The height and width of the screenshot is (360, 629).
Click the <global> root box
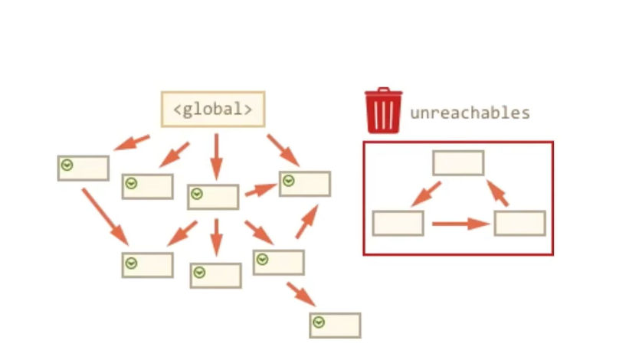click(213, 109)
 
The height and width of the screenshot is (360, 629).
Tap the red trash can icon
click(383, 111)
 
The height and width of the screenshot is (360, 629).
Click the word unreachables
click(470, 113)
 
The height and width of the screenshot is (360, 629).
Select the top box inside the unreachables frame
click(458, 163)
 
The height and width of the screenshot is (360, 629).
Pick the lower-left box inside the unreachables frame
click(398, 223)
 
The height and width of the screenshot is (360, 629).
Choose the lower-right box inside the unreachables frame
click(519, 223)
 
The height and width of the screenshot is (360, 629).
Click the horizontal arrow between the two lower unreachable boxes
click(460, 224)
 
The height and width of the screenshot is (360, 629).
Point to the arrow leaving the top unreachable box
click(425, 194)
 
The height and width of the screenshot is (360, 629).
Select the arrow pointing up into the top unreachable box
click(498, 192)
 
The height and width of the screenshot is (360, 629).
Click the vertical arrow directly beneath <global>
click(215, 156)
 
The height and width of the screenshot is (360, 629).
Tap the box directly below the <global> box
click(213, 197)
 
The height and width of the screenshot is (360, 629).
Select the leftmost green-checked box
click(84, 168)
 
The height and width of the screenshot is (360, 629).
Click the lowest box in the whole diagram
click(335, 325)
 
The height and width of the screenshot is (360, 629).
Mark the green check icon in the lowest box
click(319, 322)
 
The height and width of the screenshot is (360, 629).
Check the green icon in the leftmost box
click(67, 165)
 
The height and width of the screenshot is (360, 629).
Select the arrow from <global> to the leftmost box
click(131, 142)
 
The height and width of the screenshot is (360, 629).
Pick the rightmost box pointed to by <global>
click(304, 184)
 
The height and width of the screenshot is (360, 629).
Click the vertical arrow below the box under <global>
click(215, 237)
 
